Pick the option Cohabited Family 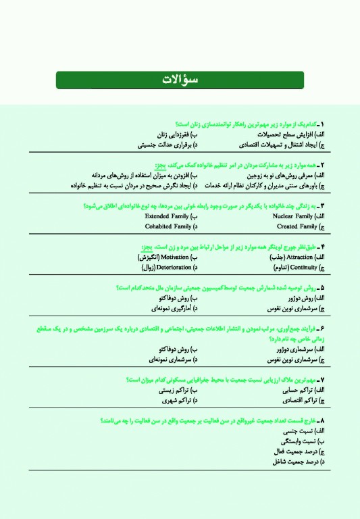point(165,226)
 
